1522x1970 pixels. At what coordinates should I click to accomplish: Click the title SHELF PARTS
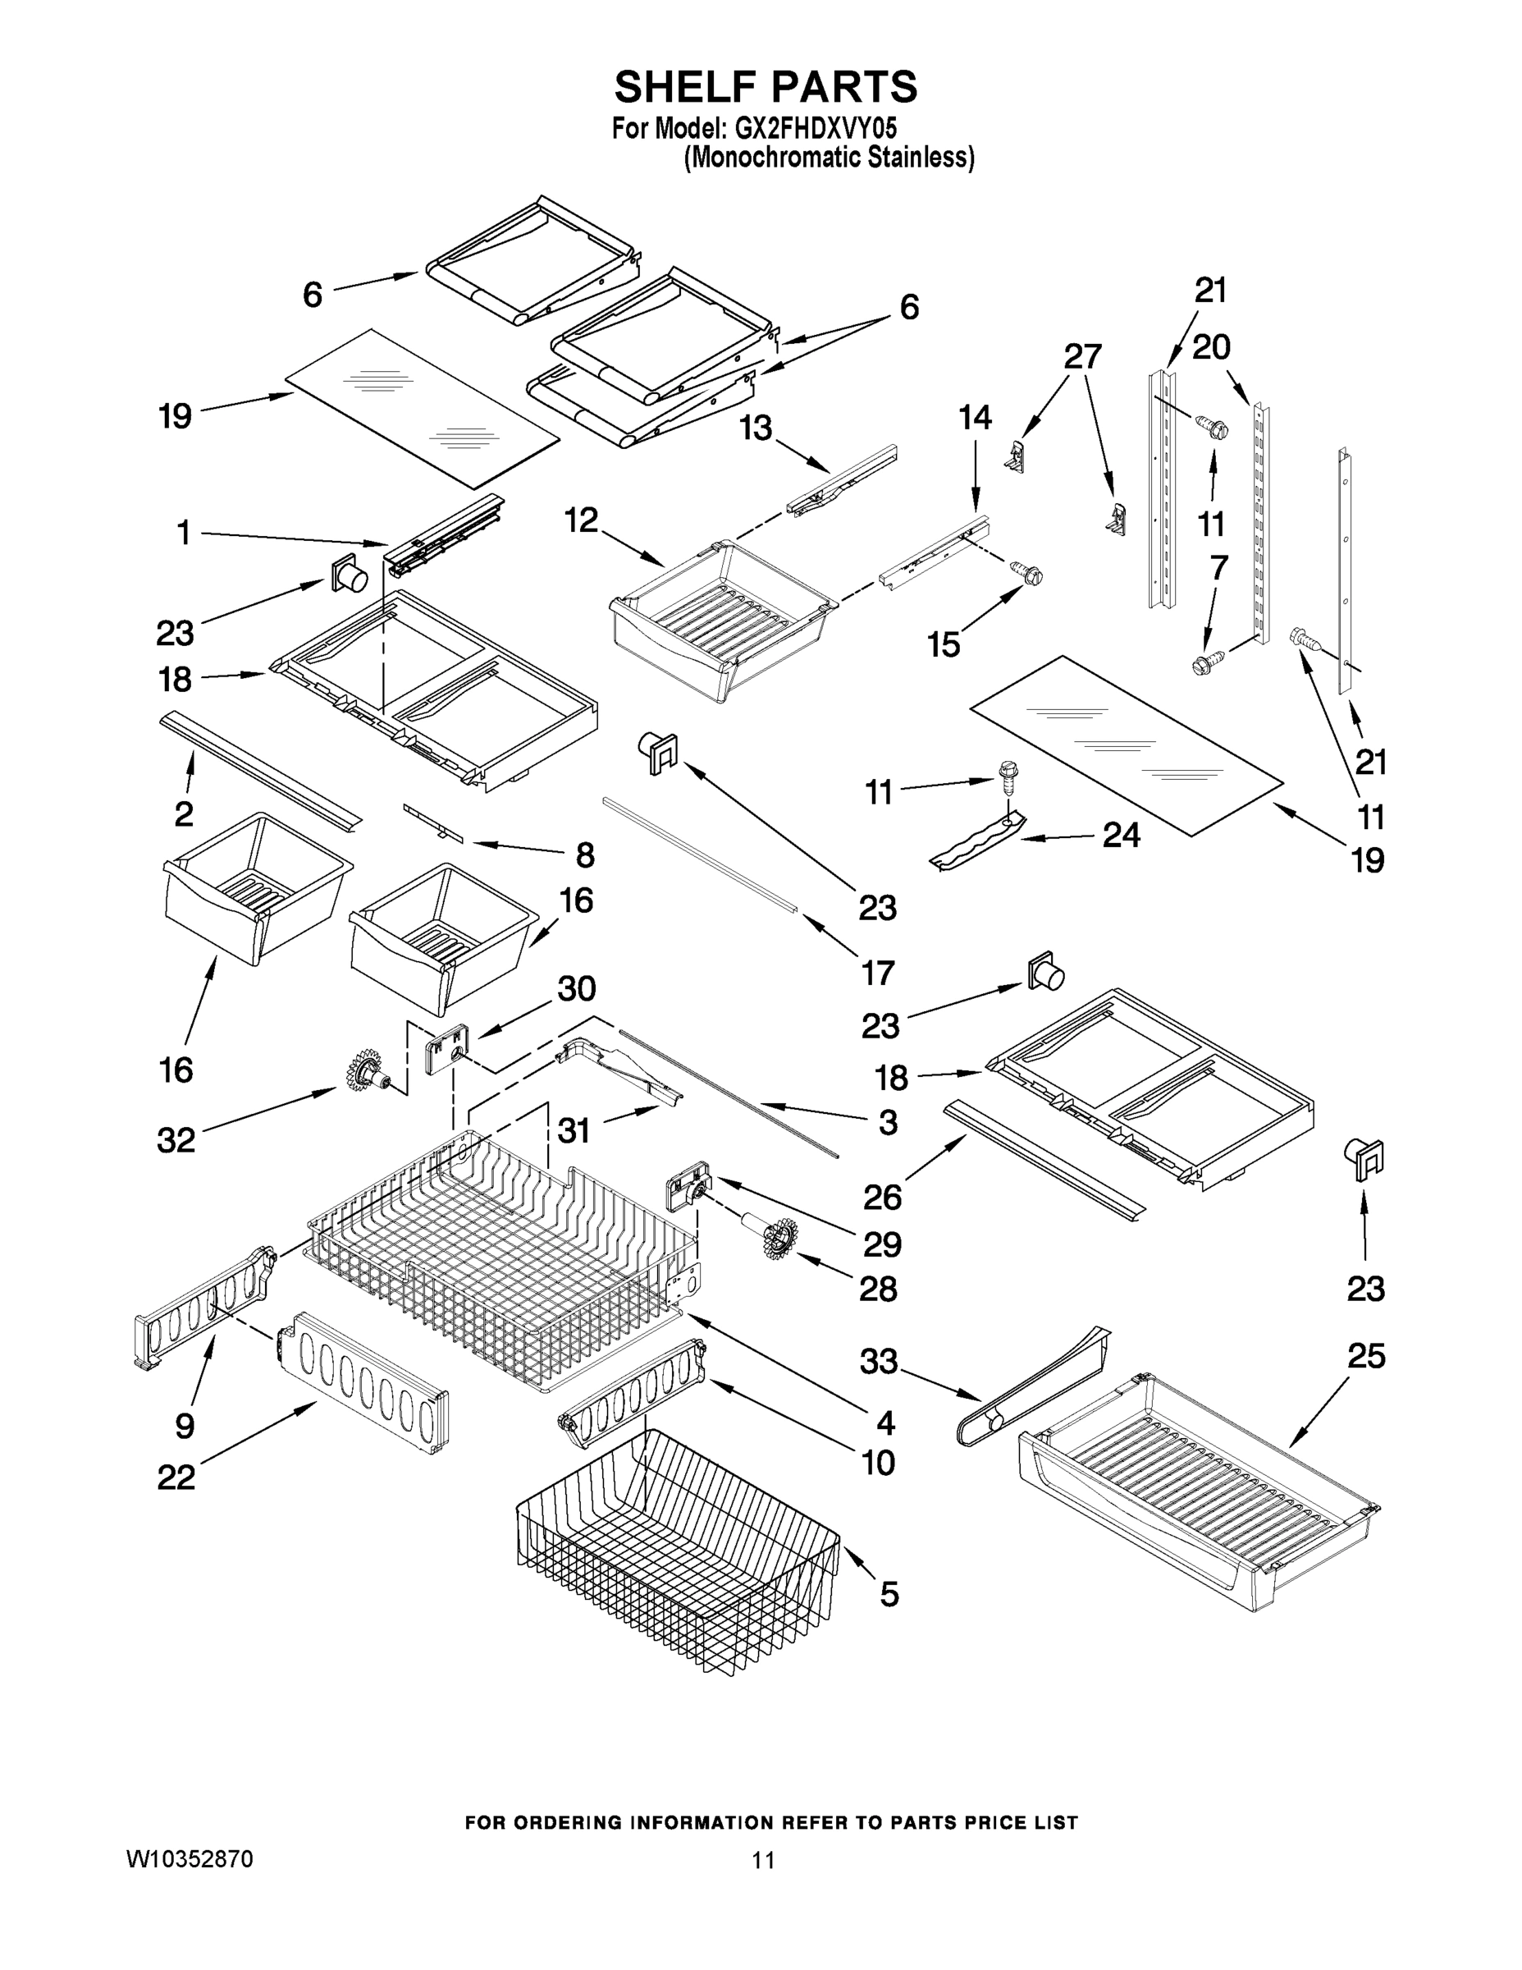pyautogui.click(x=766, y=88)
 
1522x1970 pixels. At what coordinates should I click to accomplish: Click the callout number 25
pyautogui.click(x=1365, y=1356)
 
